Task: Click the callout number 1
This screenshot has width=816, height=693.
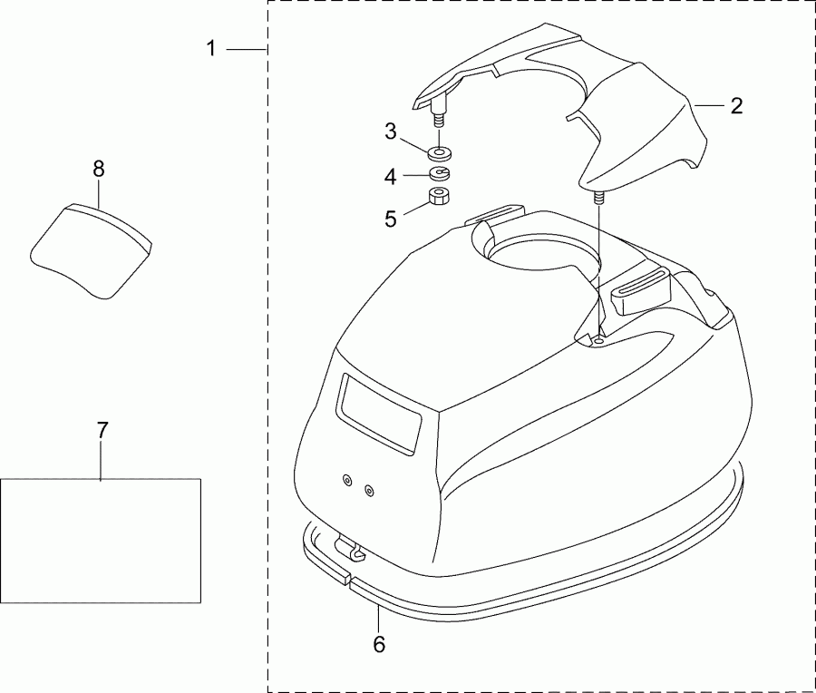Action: point(211,48)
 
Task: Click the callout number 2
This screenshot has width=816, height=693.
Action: point(736,105)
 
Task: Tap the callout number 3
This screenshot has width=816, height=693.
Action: point(391,131)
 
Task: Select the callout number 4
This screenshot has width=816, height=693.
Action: point(390,177)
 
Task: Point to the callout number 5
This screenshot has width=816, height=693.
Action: point(391,218)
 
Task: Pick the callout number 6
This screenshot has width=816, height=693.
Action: point(379,644)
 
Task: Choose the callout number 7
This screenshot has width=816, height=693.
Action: point(102,431)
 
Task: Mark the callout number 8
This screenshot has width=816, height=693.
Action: point(99,168)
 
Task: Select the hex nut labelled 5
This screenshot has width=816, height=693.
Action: point(441,197)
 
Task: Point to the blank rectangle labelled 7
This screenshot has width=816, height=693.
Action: point(100,540)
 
